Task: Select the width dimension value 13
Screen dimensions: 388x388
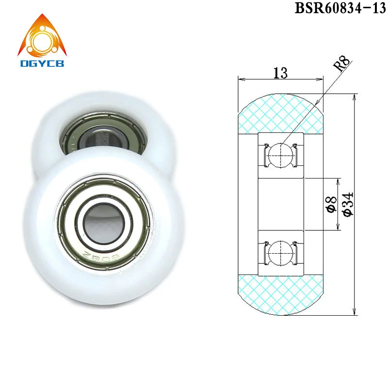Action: pyautogui.click(x=280, y=73)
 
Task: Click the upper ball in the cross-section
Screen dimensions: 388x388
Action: pyautogui.click(x=280, y=154)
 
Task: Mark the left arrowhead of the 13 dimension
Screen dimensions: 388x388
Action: pyautogui.click(x=240, y=78)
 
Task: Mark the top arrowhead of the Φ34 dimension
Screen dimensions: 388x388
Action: pyautogui.click(x=356, y=95)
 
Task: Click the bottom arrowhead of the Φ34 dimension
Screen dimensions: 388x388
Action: pyautogui.click(x=356, y=313)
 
